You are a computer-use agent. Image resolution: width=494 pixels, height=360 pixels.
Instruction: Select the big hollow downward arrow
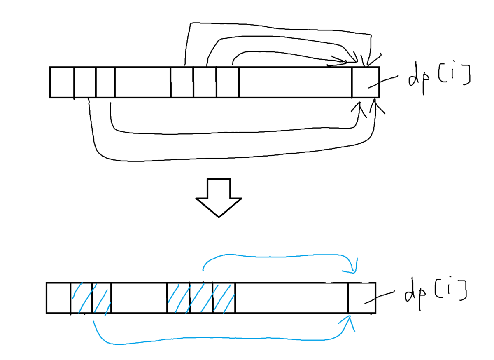coord(219,198)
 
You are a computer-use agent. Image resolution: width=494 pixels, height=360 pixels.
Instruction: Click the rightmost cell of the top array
coord(366,82)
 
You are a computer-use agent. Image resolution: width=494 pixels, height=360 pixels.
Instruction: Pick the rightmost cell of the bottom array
coord(362,298)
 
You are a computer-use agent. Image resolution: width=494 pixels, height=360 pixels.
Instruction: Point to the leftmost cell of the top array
coord(62,82)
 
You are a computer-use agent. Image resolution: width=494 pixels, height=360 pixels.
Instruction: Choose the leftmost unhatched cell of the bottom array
coord(58,298)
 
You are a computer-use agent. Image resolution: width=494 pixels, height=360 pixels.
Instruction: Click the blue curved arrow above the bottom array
coord(276,257)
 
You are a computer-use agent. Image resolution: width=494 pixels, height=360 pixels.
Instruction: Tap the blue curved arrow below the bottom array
coord(221,338)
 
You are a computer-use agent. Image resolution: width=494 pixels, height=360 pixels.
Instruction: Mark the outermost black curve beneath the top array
coord(221,158)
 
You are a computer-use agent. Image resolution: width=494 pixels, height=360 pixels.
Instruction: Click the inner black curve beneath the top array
coord(221,133)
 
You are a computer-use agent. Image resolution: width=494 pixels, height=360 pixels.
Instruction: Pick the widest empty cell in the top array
coord(296,82)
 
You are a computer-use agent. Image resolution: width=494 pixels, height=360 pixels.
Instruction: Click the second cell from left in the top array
coord(85,82)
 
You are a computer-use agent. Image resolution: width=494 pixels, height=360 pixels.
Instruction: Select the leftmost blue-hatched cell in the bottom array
coord(82,298)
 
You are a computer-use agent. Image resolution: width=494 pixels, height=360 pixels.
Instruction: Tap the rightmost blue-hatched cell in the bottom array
coord(224,298)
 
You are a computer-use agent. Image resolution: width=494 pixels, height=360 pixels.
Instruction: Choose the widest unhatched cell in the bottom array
coord(292,298)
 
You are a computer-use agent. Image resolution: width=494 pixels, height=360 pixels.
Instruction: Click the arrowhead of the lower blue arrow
coord(348,322)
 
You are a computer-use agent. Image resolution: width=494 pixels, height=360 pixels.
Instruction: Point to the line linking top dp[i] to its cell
coord(383,82)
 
